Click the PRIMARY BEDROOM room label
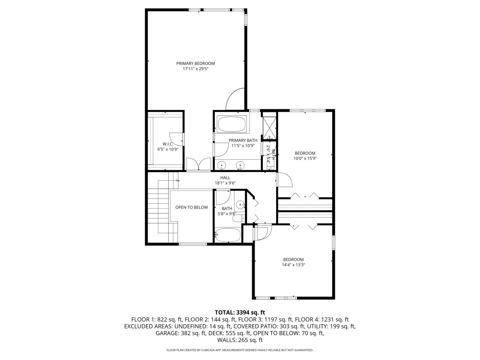coord(195,63)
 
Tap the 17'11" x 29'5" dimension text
coord(195,69)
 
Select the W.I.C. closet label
coord(168,144)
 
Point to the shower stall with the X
coord(269,128)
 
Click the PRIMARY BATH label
coord(243,140)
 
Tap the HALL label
coord(225,178)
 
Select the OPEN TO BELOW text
coord(192,207)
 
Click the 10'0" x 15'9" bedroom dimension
coord(305,158)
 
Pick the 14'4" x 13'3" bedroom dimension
coord(293,265)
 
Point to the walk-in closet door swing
coord(176,139)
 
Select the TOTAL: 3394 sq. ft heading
coord(240,312)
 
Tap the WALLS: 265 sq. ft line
coord(240,340)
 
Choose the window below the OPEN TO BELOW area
coord(193,244)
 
